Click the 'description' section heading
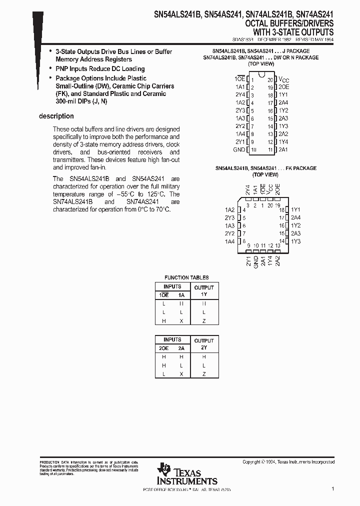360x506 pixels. pos(56,116)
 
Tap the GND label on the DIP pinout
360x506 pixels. pos(239,149)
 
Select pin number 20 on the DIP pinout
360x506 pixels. pos(270,79)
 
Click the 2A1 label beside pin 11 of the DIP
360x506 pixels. pos(283,149)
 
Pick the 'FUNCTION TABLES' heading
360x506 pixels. pos(186,277)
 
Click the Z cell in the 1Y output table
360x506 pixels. pos(203,321)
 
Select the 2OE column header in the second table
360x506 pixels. pos(163,347)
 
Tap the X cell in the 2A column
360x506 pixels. pos(181,374)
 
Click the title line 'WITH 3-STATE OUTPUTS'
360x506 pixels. pos(296,31)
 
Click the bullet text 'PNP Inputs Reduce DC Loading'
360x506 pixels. pos(100,68)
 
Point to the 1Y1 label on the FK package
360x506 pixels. pos(295,209)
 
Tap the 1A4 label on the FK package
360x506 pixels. pos(229,241)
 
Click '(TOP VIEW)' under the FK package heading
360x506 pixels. pos(265,174)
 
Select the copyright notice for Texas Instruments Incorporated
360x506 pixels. pos(288,462)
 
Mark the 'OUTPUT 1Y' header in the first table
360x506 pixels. pos(203,291)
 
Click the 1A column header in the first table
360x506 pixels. pos(181,295)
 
